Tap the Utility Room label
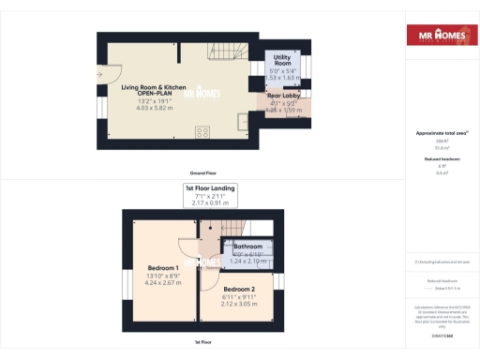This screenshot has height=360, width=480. pyautogui.click(x=282, y=61)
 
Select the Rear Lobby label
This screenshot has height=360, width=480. pyautogui.click(x=282, y=96)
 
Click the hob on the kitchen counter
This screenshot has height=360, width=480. pyautogui.click(x=202, y=131)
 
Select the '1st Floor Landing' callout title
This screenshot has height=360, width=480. pyautogui.click(x=209, y=188)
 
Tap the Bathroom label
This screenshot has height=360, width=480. pyautogui.click(x=248, y=247)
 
